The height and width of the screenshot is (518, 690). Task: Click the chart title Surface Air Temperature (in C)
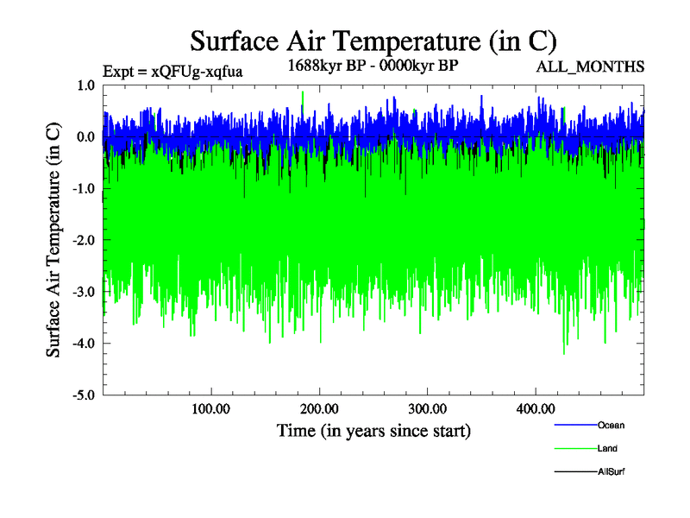373,41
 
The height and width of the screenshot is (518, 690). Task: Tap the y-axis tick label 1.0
85,85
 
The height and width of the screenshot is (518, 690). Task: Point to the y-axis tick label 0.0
85,137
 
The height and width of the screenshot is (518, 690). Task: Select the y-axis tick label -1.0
84,189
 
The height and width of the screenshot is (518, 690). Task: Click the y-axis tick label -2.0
84,241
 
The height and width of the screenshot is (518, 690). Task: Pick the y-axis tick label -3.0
84,293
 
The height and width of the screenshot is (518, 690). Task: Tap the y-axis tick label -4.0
84,344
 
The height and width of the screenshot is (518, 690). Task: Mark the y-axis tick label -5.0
84,395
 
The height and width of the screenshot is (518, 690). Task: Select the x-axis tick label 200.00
319,408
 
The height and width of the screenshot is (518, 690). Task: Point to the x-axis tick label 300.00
427,408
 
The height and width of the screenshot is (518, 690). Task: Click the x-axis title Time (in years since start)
373,430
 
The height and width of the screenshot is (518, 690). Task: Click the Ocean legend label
611,425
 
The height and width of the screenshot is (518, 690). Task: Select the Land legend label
607,448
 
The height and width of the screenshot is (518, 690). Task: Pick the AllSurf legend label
611,471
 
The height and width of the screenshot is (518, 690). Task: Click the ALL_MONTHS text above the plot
590,66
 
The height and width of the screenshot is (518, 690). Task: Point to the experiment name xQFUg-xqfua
197,72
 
